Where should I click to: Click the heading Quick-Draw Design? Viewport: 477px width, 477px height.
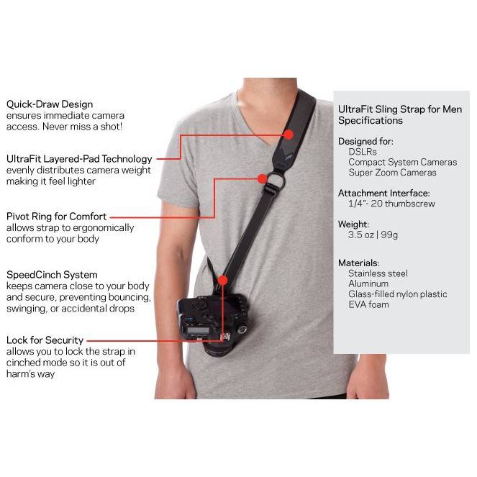point(49,104)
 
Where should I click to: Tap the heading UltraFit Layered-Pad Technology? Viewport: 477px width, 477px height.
point(78,159)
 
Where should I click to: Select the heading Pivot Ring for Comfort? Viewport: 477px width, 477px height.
point(56,216)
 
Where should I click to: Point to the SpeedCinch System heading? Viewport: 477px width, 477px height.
point(51,275)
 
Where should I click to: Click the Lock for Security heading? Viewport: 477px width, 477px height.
point(45,340)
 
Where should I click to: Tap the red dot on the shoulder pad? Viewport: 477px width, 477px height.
point(289,134)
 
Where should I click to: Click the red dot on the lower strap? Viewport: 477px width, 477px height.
point(222,279)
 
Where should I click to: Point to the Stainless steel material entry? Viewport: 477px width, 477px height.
point(378,273)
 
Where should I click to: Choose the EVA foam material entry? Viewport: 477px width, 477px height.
point(368,304)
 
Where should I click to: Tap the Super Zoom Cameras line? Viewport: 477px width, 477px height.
point(392,173)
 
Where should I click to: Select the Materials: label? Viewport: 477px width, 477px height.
point(358,263)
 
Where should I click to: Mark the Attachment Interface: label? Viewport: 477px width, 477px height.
point(383,193)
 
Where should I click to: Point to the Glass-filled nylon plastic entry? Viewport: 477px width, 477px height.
point(397,294)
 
